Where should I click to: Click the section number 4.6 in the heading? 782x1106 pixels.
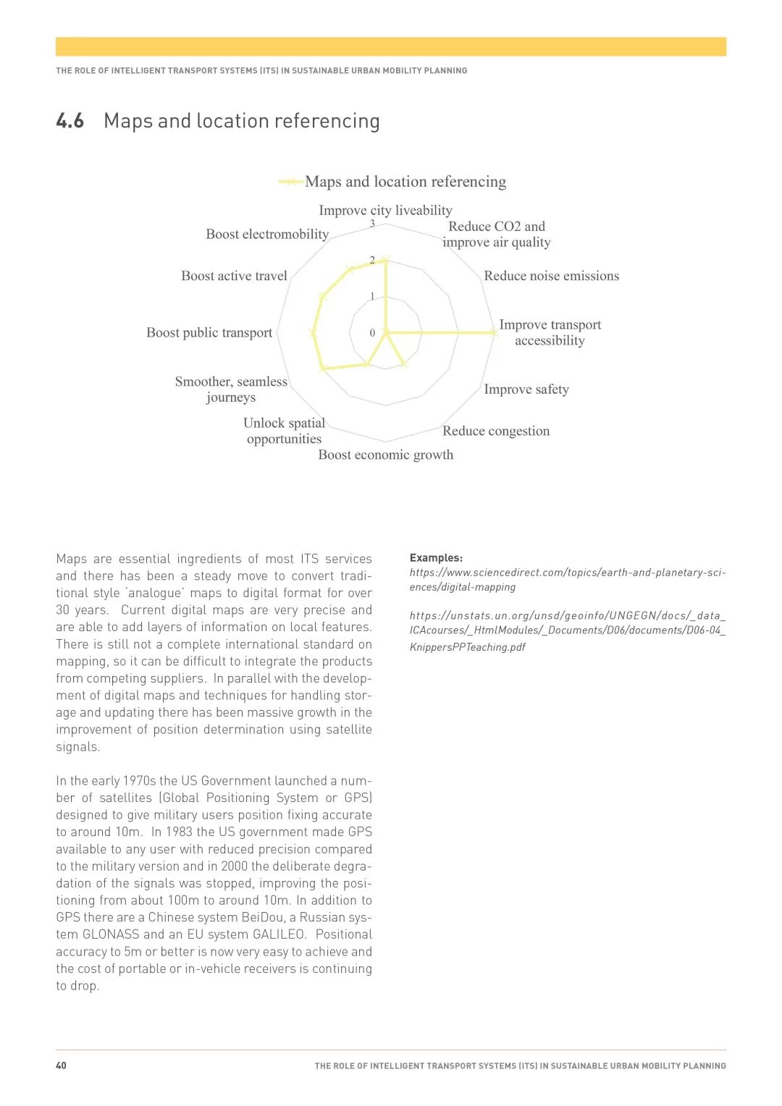pyautogui.click(x=70, y=121)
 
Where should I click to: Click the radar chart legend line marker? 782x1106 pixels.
pyautogui.click(x=291, y=182)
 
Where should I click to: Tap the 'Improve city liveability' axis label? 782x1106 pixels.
pyautogui.click(x=385, y=211)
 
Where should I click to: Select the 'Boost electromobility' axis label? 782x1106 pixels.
pyautogui.click(x=267, y=235)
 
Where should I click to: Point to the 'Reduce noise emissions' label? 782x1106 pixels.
pyautogui.click(x=551, y=276)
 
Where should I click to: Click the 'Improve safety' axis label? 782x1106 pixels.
pyautogui.click(x=526, y=389)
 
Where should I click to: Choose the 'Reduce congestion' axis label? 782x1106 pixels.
pyautogui.click(x=496, y=431)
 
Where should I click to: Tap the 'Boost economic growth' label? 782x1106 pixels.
pyautogui.click(x=386, y=455)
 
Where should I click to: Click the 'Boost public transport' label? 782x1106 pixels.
pyautogui.click(x=209, y=333)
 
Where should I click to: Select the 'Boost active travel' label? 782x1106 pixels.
pyautogui.click(x=234, y=276)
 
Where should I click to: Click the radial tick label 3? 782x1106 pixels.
pyautogui.click(x=373, y=224)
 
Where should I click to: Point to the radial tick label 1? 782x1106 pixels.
pyautogui.click(x=373, y=296)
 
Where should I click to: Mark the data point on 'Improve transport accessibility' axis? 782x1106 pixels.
pyautogui.click(x=495, y=333)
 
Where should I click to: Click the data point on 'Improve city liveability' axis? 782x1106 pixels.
pyautogui.click(x=386, y=260)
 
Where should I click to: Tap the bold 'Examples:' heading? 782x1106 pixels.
pyautogui.click(x=436, y=558)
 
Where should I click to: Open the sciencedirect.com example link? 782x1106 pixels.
pyautogui.click(x=567, y=580)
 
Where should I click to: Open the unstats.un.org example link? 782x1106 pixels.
pyautogui.click(x=567, y=630)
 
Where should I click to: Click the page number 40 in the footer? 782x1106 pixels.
pyautogui.click(x=62, y=1065)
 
